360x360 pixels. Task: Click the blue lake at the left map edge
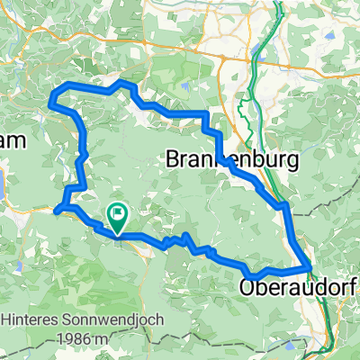pyautogui.click(x=3, y=184)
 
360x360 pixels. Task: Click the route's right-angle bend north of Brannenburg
pyautogui.click(x=207, y=114)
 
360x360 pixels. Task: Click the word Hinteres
pyautogui.click(x=30, y=319)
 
